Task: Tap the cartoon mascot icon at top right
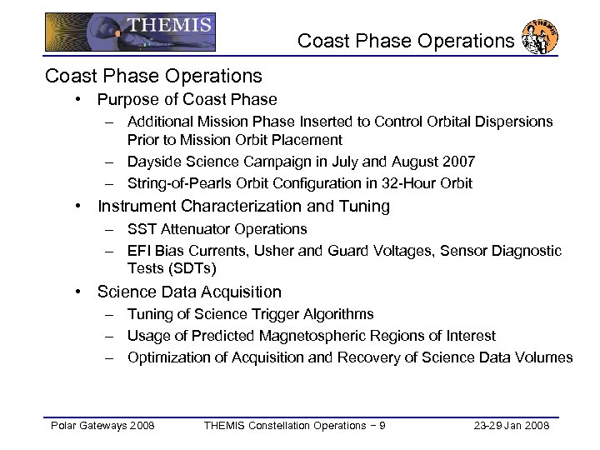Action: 539,38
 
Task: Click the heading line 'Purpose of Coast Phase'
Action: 187,100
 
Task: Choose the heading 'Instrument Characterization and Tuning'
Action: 243,206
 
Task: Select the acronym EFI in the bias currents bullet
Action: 138,251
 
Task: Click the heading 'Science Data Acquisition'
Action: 189,292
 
